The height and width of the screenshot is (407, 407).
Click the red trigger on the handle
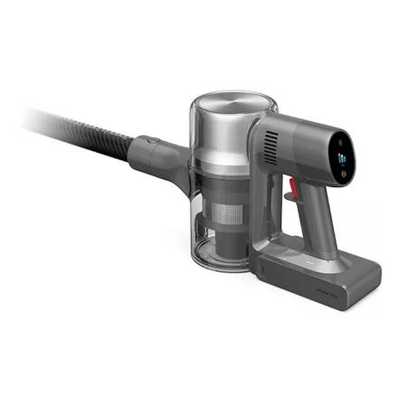tap(291, 187)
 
